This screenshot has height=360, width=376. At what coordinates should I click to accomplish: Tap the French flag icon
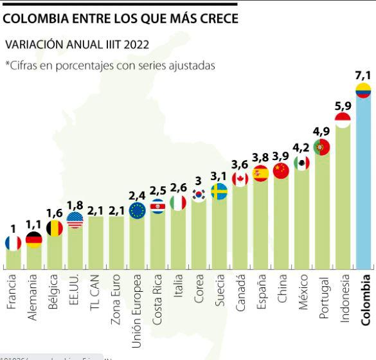(13, 242)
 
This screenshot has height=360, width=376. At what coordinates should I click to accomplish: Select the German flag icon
(33, 240)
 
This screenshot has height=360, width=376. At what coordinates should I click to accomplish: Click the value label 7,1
(363, 75)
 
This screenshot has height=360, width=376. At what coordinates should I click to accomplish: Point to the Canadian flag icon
(240, 179)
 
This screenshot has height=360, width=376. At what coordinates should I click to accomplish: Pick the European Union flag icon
(137, 210)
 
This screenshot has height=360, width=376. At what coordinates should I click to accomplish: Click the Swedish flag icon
(219, 192)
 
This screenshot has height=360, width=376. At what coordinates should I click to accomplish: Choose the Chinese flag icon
(281, 170)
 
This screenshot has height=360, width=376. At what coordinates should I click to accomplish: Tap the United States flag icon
(75, 221)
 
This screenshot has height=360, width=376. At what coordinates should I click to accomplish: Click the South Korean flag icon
(199, 195)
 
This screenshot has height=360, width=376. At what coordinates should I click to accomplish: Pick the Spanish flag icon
(260, 173)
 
